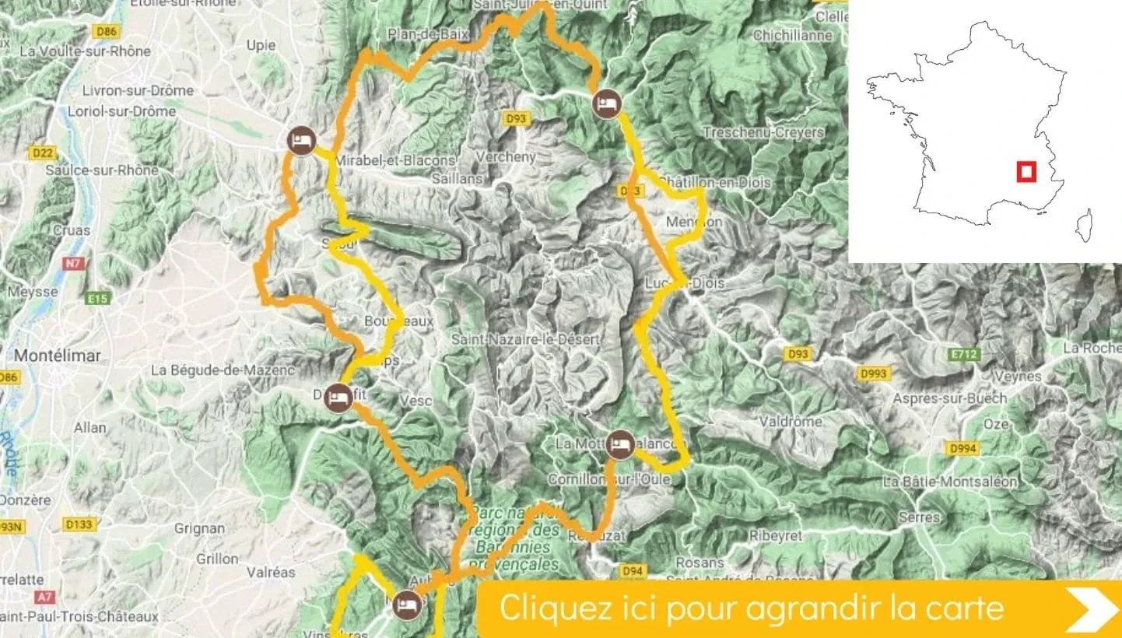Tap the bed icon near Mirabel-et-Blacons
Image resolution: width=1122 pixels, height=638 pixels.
300,141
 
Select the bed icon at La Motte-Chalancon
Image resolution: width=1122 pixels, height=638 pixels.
619,443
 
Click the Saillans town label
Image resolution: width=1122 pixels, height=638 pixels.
459,179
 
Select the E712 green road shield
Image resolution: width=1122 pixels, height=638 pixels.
963,355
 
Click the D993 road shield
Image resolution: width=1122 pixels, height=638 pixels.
873,374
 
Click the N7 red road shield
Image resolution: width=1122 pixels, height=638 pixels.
73,264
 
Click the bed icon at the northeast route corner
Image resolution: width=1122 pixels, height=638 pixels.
605,103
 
